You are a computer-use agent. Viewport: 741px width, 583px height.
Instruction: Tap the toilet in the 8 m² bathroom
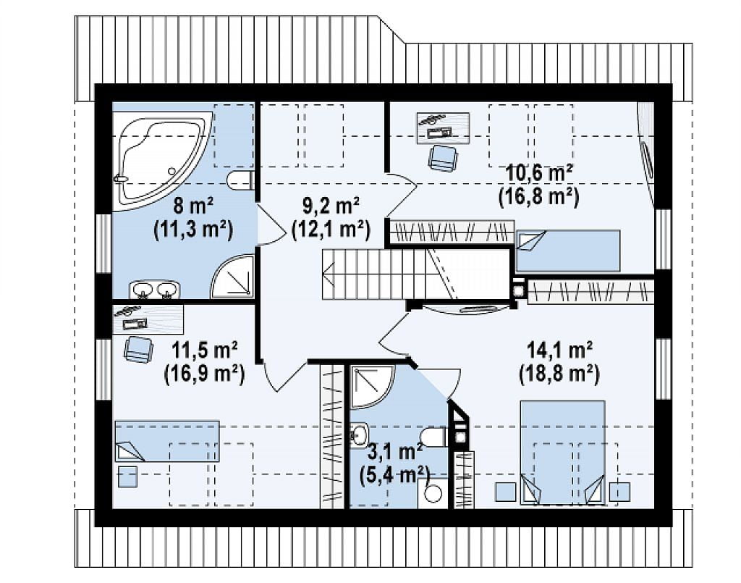pyautogui.click(x=240, y=180)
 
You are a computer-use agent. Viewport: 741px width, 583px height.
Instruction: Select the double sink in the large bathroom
pyautogui.click(x=155, y=290)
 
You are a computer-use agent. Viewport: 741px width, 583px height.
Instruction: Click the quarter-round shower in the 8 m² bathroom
pyautogui.click(x=232, y=277)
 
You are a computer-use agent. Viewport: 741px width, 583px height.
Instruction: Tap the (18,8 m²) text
pyautogui.click(x=559, y=375)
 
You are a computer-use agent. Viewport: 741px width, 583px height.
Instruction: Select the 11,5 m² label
pyautogui.click(x=204, y=350)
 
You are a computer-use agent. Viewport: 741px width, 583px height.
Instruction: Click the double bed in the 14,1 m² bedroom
pyautogui.click(x=562, y=452)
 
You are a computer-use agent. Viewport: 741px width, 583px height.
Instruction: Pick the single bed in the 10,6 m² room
pyautogui.click(x=567, y=251)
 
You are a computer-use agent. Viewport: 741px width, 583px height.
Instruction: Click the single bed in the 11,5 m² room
pyautogui.click(x=167, y=440)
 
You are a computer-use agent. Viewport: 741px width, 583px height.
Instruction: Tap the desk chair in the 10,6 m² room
pyautogui.click(x=443, y=157)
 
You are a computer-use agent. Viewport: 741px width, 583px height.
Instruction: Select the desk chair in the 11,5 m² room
pyautogui.click(x=139, y=349)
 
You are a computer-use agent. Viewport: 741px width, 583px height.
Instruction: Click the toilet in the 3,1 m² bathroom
pyautogui.click(x=433, y=437)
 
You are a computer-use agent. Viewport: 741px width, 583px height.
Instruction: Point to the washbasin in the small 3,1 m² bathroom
pyautogui.click(x=359, y=434)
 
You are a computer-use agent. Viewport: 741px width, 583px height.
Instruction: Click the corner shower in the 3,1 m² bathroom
pyautogui.click(x=371, y=386)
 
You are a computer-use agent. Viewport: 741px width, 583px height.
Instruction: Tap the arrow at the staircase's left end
pyautogui.click(x=329, y=274)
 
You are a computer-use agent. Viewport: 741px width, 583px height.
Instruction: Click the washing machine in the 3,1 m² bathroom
pyautogui.click(x=431, y=493)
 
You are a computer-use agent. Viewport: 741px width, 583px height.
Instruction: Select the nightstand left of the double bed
pyautogui.click(x=505, y=492)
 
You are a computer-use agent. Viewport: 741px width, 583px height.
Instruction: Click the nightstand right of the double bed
pyautogui.click(x=619, y=492)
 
